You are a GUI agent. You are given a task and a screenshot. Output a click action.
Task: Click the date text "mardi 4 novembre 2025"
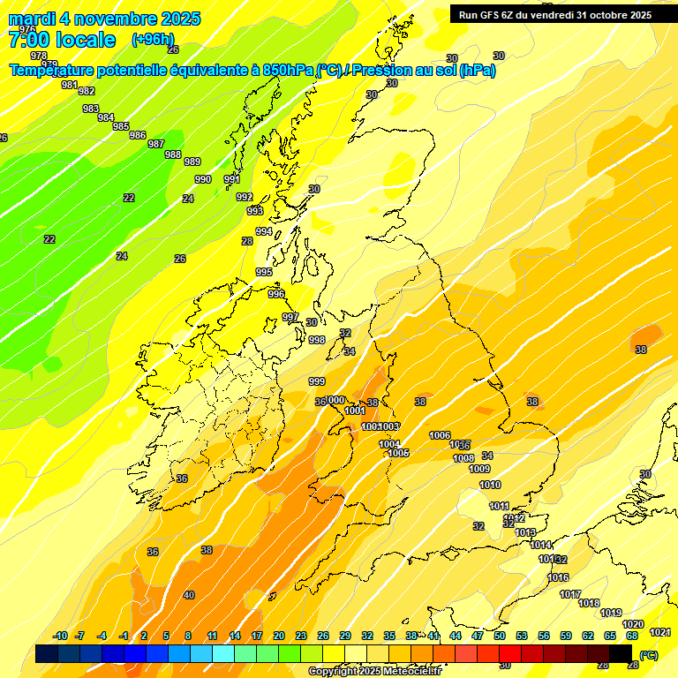tap(104, 19)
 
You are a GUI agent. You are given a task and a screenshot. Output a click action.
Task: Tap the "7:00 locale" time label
tap(62, 40)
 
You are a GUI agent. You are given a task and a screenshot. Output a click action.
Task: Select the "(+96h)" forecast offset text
tap(153, 40)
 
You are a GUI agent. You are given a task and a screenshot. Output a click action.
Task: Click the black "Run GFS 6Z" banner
tap(552, 14)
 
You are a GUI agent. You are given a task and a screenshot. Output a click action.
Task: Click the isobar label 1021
tap(659, 632)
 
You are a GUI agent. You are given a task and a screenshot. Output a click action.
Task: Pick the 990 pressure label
tap(203, 179)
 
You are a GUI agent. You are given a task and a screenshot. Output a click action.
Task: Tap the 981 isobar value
tap(70, 85)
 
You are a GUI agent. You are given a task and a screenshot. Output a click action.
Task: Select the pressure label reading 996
tap(276, 294)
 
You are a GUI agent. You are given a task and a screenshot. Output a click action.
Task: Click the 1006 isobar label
tap(440, 435)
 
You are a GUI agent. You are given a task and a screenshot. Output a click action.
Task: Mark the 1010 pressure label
tap(490, 485)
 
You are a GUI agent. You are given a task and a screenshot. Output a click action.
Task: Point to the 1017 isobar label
tap(570, 594)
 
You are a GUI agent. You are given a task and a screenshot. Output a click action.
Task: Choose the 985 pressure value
tap(121, 126)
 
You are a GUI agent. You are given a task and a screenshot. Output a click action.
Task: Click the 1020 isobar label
tap(633, 624)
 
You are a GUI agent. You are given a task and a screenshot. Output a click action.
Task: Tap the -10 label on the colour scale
tap(61, 636)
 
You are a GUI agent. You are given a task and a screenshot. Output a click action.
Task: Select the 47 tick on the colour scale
tap(478, 636)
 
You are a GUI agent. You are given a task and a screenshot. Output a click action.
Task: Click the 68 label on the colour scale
tap(632, 636)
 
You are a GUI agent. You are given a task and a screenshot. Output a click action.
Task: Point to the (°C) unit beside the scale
tap(649, 655)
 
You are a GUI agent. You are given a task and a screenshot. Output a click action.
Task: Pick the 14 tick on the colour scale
tap(235, 636)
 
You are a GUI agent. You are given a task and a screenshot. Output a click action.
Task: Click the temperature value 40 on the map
tap(189, 595)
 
